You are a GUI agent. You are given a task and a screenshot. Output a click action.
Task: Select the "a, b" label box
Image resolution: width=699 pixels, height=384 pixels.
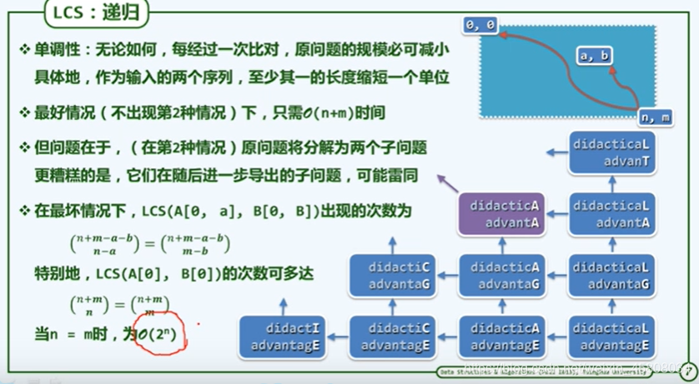click(594, 56)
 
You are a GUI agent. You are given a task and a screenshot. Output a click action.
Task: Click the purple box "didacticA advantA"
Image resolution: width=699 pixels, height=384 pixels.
click(502, 213)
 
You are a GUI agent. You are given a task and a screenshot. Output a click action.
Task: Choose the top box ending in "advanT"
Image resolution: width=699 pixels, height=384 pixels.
click(611, 152)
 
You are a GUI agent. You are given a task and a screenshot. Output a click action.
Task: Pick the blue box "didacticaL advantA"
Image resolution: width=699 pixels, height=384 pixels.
click(611, 213)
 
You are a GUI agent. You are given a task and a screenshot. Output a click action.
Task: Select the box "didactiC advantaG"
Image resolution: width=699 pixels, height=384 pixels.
click(391, 276)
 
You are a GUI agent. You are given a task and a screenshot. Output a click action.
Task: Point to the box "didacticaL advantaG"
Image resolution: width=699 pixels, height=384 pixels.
click(611, 276)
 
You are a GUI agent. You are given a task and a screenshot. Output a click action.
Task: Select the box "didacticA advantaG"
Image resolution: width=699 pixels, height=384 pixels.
click(502, 276)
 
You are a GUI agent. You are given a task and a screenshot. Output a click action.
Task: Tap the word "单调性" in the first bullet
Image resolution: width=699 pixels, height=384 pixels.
click(55, 50)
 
